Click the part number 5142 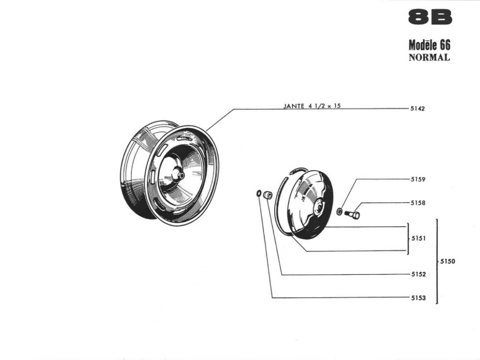pos(417,109)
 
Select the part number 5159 pos(418,179)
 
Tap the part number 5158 pos(418,203)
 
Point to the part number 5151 pos(418,238)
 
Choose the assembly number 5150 pos(447,262)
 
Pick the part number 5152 pos(418,274)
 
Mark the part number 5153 pos(418,298)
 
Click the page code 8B pos(430,17)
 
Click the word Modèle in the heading pos(422,45)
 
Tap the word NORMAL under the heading pos(429,58)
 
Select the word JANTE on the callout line pos(294,106)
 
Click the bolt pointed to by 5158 pos(353,215)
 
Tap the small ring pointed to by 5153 pos(259,193)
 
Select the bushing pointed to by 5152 pos(268,195)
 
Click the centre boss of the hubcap pos(319,206)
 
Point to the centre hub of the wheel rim pos(179,175)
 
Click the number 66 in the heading pos(444,45)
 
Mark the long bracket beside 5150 pos(437,261)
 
